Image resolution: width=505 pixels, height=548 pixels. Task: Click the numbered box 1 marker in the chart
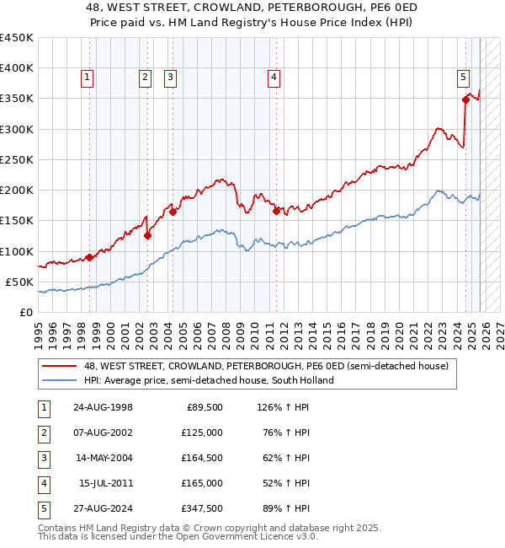click(88, 78)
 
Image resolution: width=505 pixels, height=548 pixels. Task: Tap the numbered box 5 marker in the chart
click(464, 78)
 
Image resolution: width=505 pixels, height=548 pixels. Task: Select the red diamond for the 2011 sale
click(276, 212)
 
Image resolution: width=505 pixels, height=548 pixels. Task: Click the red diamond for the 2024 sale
click(465, 99)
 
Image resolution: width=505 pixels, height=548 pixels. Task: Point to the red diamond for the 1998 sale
click(89, 258)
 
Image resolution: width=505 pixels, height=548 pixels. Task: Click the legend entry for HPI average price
click(209, 380)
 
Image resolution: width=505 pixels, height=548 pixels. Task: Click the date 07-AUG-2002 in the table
click(103, 432)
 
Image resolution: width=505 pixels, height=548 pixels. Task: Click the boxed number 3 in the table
click(44, 458)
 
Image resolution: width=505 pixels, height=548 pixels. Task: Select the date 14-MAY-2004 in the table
click(103, 458)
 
